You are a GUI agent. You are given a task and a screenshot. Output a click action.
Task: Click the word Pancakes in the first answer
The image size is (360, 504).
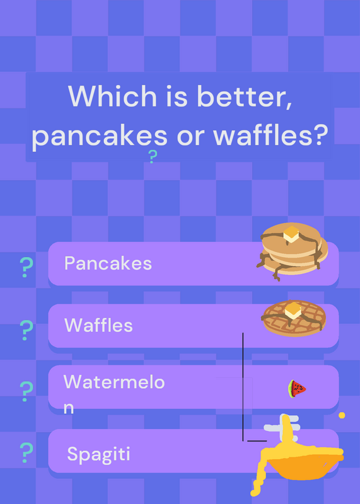click(x=108, y=263)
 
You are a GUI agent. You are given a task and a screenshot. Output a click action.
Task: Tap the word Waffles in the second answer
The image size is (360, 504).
click(x=98, y=325)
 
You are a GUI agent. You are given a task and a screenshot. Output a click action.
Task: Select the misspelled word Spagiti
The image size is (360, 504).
click(x=99, y=455)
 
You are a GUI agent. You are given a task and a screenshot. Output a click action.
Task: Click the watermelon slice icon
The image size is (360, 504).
click(x=296, y=389)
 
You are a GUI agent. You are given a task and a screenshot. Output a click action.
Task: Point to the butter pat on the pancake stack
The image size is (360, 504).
click(x=291, y=234)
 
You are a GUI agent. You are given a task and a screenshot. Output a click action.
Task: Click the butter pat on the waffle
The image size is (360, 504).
click(x=293, y=311)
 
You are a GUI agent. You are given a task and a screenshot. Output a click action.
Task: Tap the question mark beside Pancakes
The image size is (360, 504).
click(x=26, y=267)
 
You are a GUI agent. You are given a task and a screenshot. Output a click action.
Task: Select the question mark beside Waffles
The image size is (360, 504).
click(x=26, y=330)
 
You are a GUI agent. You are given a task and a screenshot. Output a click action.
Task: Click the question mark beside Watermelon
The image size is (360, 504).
click(x=26, y=391)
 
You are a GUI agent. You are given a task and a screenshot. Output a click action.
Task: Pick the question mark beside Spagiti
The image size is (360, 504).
click(x=26, y=452)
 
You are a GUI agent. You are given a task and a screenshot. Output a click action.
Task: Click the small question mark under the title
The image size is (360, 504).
click(x=153, y=156)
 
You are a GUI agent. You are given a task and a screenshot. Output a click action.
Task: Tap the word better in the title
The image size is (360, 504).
click(x=245, y=96)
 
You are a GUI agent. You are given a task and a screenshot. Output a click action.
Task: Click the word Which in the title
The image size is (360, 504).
click(x=112, y=96)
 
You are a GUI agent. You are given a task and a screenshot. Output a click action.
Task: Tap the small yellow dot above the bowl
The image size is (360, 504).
click(x=342, y=415)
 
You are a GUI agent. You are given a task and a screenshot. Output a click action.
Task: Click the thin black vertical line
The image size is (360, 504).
click(x=243, y=387)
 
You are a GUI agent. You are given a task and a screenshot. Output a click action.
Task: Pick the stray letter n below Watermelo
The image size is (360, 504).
click(x=69, y=408)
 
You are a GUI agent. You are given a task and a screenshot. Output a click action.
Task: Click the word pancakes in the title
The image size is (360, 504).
click(x=100, y=136)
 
